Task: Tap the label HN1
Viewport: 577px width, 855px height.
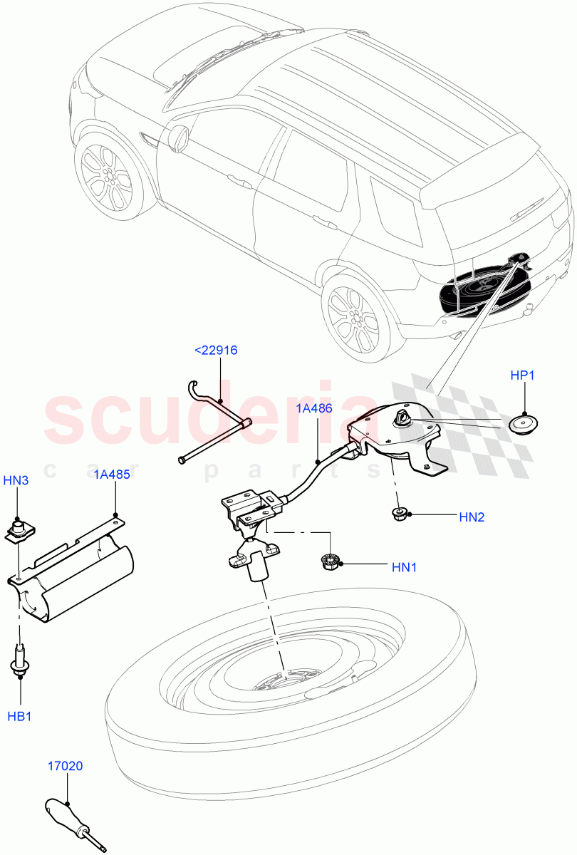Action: click(404, 567)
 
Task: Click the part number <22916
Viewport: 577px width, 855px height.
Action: click(216, 351)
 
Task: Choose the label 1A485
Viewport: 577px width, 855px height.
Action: click(112, 475)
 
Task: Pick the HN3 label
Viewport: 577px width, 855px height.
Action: click(16, 481)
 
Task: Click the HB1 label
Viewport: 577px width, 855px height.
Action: click(19, 716)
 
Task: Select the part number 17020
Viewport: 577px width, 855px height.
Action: click(66, 767)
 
